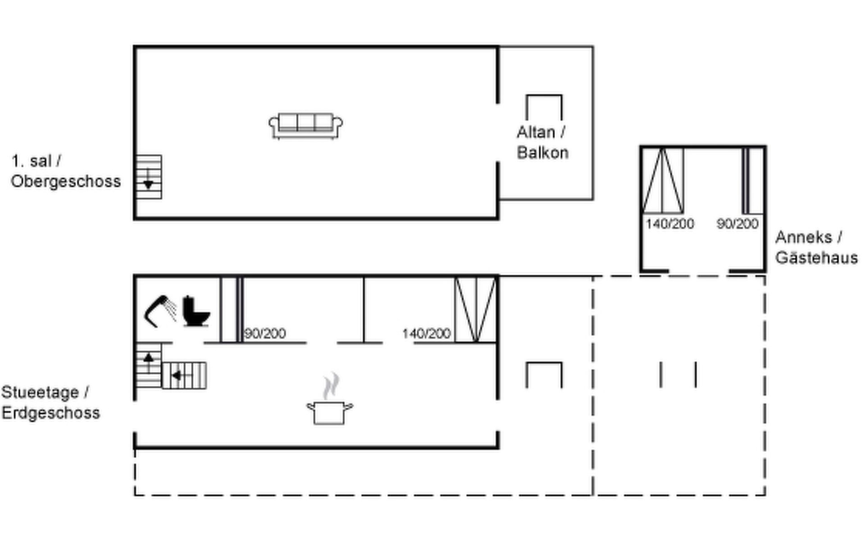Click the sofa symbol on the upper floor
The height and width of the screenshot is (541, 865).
(x=305, y=126)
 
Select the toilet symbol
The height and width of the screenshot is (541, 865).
(x=196, y=311)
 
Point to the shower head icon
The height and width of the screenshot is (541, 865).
(x=160, y=311)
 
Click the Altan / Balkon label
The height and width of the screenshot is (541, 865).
(x=542, y=142)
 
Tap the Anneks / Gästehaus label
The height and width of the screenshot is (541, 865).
(x=816, y=247)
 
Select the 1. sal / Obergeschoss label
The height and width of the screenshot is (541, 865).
(x=66, y=171)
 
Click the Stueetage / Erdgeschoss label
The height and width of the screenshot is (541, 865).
(x=50, y=403)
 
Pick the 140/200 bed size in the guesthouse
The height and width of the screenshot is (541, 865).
(x=669, y=224)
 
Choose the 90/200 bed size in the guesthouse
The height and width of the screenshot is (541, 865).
(x=738, y=224)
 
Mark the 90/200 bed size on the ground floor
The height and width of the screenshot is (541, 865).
(x=265, y=334)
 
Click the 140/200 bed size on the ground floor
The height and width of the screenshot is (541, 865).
(x=426, y=334)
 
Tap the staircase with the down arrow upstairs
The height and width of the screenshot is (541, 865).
(x=149, y=177)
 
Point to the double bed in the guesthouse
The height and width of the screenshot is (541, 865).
(x=663, y=180)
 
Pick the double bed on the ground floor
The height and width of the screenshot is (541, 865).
(x=475, y=310)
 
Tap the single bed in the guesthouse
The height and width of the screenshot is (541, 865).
(x=753, y=180)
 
